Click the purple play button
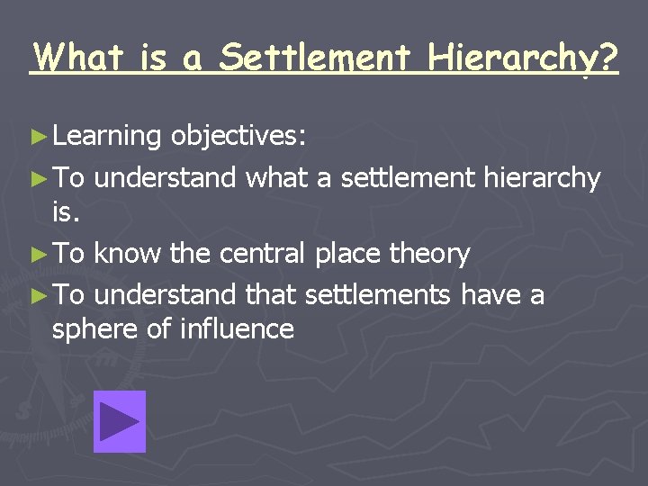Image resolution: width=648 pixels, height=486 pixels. [119, 421]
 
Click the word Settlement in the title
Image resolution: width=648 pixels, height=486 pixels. [316, 58]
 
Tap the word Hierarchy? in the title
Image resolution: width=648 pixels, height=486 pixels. [524, 58]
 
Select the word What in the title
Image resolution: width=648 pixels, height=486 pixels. [79, 58]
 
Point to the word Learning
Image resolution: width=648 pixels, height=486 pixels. [106, 137]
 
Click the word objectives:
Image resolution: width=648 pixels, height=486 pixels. [238, 136]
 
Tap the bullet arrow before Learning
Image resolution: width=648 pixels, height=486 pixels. [36, 137]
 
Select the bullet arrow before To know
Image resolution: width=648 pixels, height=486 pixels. [36, 255]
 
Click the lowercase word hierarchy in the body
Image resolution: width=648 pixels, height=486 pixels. [542, 178]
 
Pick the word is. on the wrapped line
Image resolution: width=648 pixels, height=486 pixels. [67, 213]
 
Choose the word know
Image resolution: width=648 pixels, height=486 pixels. [128, 254]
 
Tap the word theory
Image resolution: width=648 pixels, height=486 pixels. [429, 255]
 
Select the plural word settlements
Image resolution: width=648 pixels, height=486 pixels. [382, 294]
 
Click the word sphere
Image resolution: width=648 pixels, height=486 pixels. [94, 329]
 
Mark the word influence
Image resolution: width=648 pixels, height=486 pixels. [237, 328]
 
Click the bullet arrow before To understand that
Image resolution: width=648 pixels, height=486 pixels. [36, 295]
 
